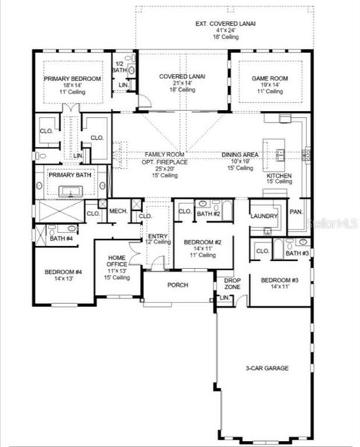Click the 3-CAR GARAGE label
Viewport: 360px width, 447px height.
pyautogui.click(x=267, y=368)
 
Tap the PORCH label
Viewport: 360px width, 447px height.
pyautogui.click(x=177, y=285)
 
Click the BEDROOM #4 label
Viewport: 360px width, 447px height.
pyautogui.click(x=62, y=272)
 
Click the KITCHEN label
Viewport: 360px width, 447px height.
pyautogui.click(x=280, y=177)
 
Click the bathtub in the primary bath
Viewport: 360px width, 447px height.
pyautogui.click(x=72, y=191)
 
